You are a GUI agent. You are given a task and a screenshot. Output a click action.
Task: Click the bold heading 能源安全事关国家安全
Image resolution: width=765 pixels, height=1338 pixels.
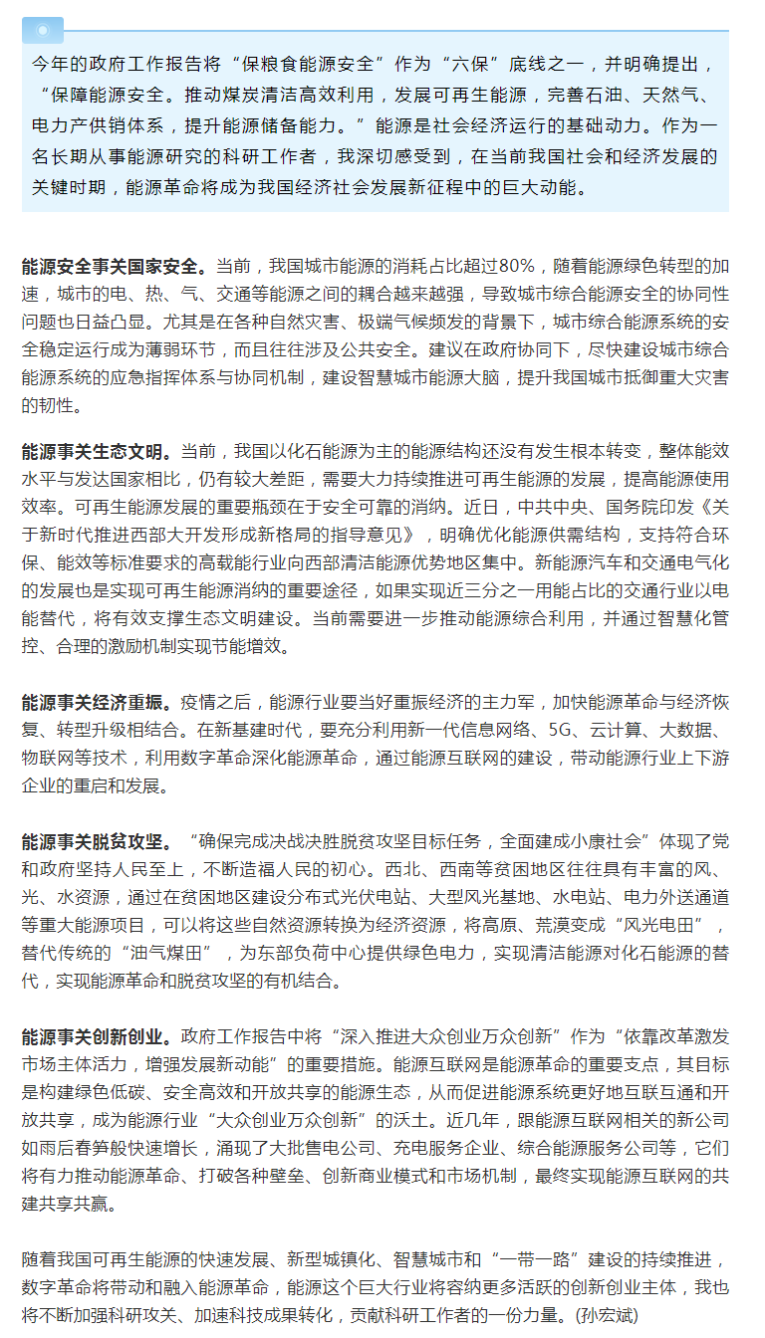click(115, 267)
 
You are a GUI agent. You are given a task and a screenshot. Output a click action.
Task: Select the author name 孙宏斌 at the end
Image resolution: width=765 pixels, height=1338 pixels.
click(612, 1315)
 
